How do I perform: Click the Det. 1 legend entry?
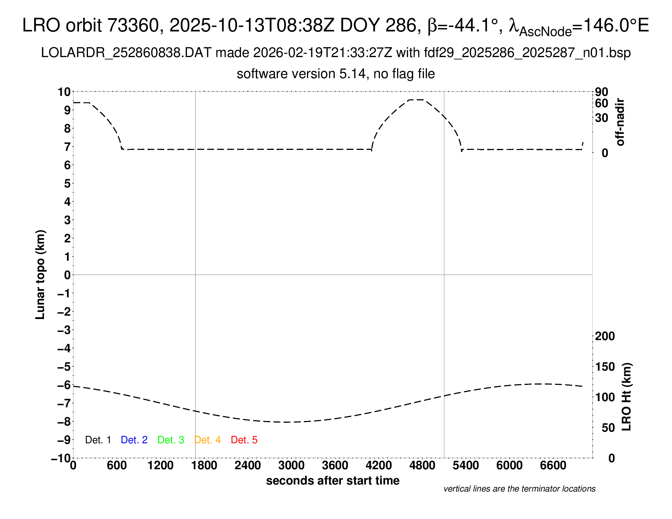tap(98, 440)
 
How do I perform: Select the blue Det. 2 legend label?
tap(134, 440)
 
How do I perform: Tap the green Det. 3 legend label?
tap(171, 440)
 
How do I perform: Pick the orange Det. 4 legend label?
tap(207, 440)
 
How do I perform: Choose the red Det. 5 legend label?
tap(244, 440)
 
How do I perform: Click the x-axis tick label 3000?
tap(291, 466)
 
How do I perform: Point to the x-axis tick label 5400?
tap(466, 466)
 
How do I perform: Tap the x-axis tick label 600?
tap(117, 466)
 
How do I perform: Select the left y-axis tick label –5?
tap(64, 367)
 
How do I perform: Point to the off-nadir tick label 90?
tap(601, 92)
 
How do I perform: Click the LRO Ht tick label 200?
tap(605, 336)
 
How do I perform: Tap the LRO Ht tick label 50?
tap(608, 428)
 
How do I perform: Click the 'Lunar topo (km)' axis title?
tap(40, 274)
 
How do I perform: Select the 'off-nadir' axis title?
tap(620, 122)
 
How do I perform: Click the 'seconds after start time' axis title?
tap(333, 481)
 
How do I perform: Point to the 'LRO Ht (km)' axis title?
tap(626, 397)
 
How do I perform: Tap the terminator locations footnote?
tap(519, 489)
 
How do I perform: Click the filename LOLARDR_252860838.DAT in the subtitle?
tap(126, 53)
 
